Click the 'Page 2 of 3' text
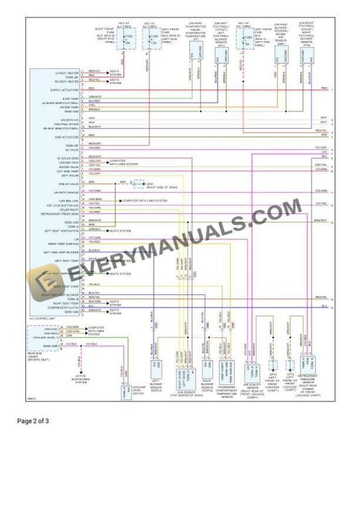coord(33,421)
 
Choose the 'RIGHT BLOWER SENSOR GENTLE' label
coord(207,386)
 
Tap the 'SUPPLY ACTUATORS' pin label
coord(65,90)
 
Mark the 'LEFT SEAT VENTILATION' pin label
coord(62,231)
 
